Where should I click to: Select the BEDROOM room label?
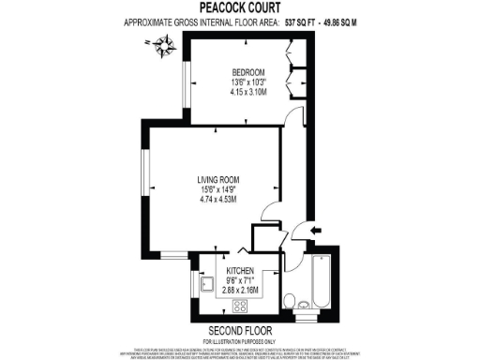pos(247,73)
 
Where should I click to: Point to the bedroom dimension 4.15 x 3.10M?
pos(247,92)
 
